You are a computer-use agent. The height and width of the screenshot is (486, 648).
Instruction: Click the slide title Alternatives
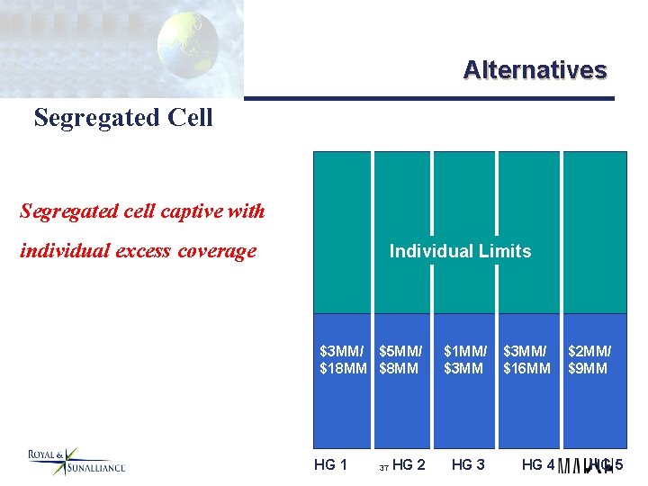click(x=535, y=70)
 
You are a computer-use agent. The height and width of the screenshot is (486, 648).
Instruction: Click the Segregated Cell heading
click(x=123, y=118)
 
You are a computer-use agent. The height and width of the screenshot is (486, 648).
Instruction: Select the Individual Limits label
click(x=460, y=251)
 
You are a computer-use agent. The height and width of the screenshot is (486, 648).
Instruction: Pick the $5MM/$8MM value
click(x=401, y=360)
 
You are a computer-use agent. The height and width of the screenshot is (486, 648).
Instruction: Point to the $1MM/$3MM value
click(x=465, y=360)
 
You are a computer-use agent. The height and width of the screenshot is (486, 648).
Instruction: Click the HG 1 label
click(x=330, y=464)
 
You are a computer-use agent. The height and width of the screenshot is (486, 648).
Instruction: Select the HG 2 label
click(x=409, y=464)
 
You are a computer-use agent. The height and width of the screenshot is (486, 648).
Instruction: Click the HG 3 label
click(x=468, y=464)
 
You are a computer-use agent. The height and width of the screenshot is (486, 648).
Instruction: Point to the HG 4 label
click(x=538, y=464)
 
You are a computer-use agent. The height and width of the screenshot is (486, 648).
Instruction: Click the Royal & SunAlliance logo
click(x=76, y=461)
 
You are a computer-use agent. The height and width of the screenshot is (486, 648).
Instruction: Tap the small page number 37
click(x=383, y=468)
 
